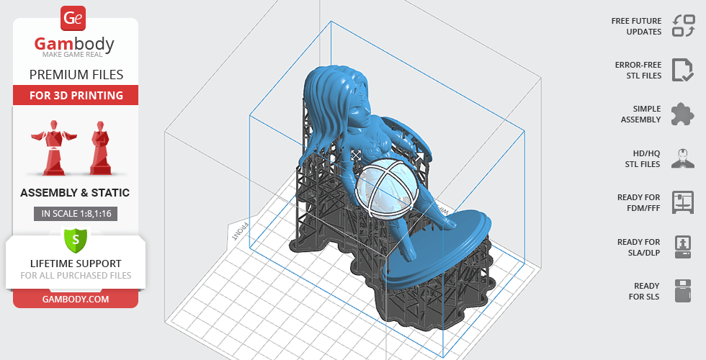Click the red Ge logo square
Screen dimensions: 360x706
pyautogui.click(x=74, y=18)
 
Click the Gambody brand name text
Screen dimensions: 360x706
pyautogui.click(x=75, y=45)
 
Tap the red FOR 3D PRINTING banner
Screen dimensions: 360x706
pyautogui.click(x=76, y=95)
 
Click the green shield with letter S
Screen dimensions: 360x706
pyautogui.click(x=76, y=238)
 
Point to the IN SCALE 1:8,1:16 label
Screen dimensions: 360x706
pyautogui.click(x=76, y=213)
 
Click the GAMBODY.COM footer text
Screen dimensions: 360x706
pyautogui.click(x=76, y=298)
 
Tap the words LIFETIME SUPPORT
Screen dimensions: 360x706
pyautogui.click(x=76, y=264)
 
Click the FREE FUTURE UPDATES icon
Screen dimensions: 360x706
pyautogui.click(x=682, y=26)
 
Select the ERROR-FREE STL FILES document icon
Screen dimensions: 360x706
pyautogui.click(x=682, y=70)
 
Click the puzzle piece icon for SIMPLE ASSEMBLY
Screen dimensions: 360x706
pyautogui.click(x=682, y=114)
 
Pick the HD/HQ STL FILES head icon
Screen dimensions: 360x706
pyautogui.click(x=682, y=158)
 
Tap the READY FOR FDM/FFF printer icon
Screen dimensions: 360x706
pyautogui.click(x=682, y=202)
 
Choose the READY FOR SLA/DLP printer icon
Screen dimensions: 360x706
pyautogui.click(x=682, y=247)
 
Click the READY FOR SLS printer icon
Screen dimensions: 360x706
pyautogui.click(x=682, y=291)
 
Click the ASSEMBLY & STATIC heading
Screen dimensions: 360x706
pyautogui.click(x=76, y=193)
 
